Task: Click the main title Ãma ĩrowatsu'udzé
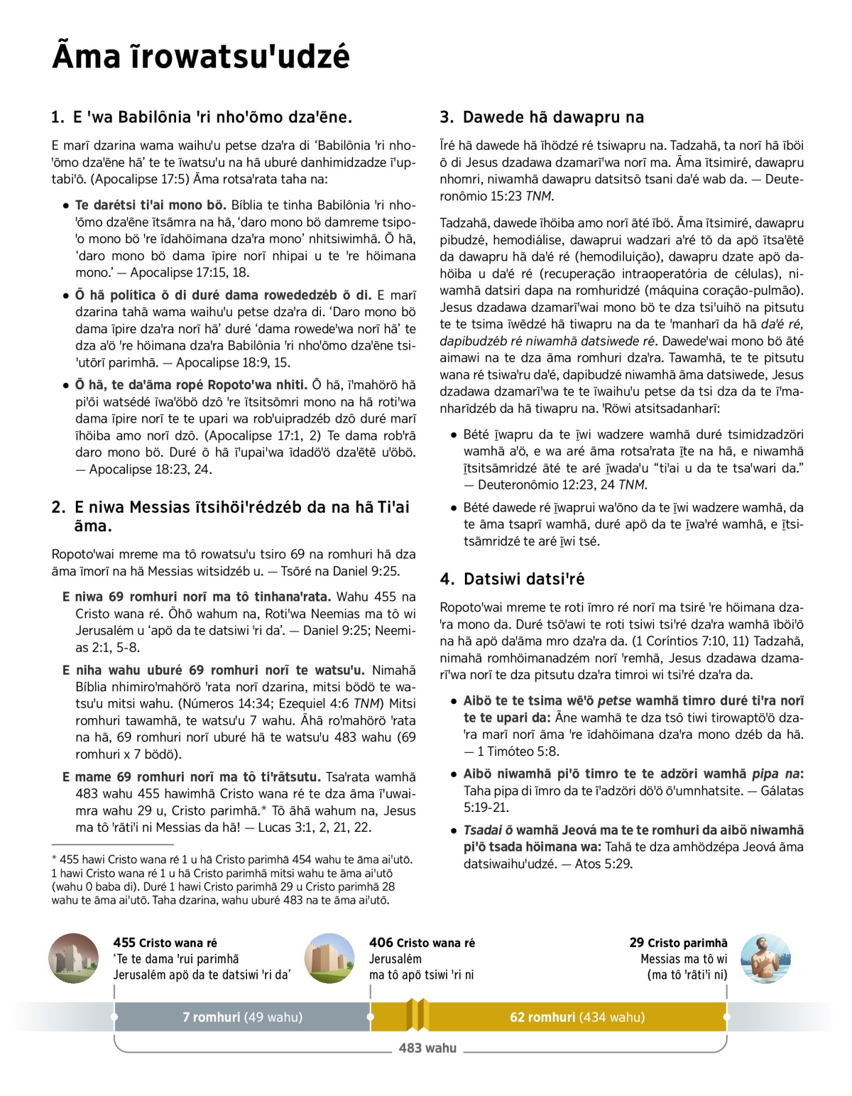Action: [201, 56]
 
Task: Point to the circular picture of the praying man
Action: [765, 958]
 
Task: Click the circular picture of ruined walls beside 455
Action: [74, 958]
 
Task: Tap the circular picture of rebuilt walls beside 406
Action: [329, 958]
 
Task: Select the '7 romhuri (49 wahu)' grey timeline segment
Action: [242, 1017]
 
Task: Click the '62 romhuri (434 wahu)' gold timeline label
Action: [577, 1017]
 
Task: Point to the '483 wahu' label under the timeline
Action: [427, 1048]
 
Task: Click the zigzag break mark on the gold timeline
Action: [417, 1014]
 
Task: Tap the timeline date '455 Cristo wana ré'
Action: [165, 943]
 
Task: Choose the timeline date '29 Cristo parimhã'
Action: [678, 943]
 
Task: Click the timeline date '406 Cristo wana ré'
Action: [422, 943]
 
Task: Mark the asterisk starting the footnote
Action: [55, 859]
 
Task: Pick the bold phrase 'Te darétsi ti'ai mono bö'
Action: [150, 205]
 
